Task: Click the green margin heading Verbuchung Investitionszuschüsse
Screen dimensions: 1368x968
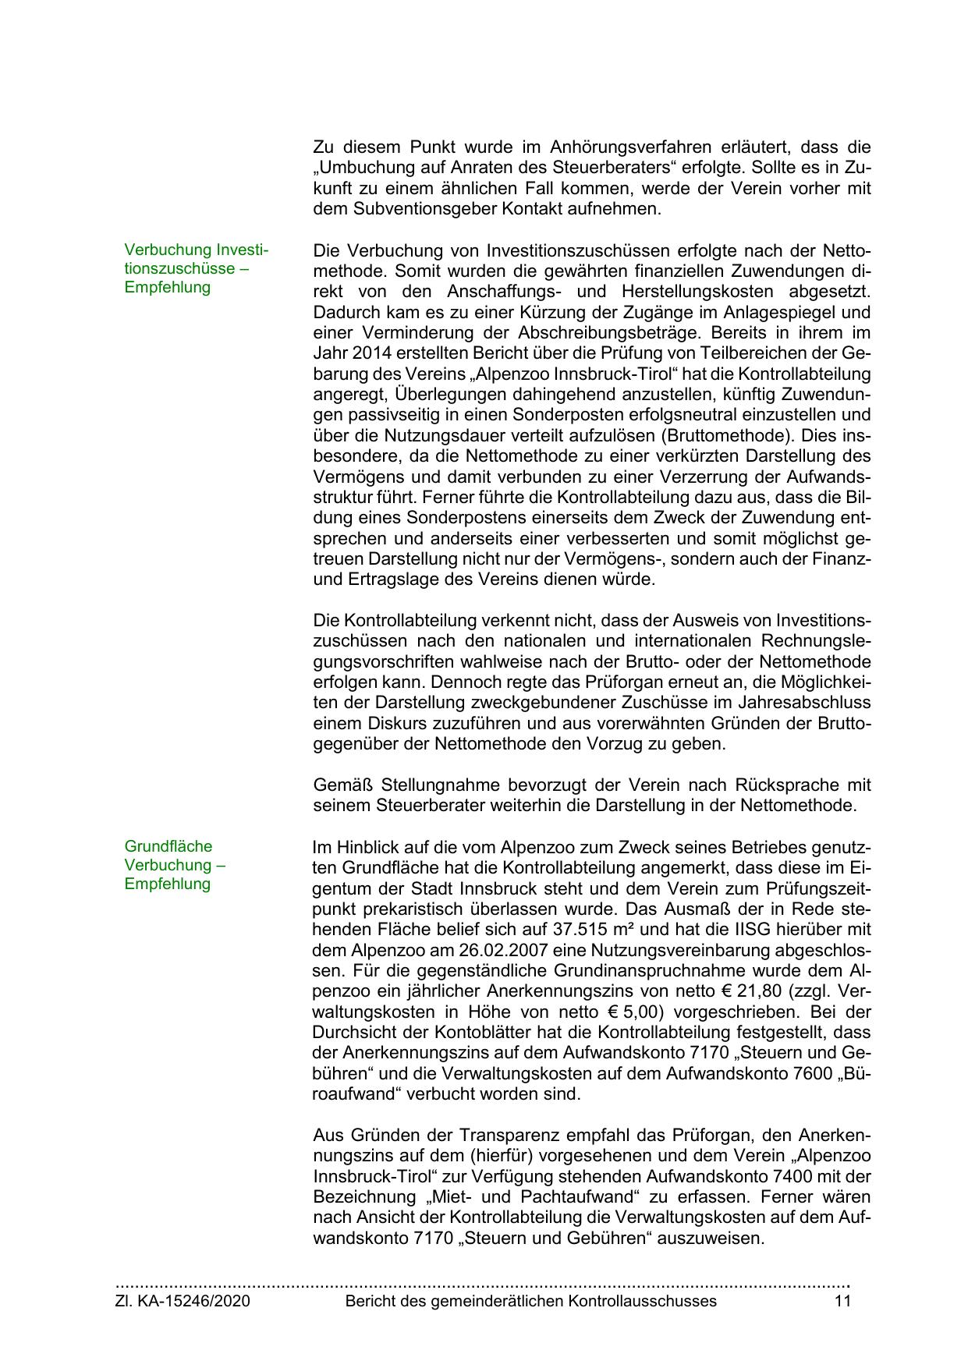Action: click(x=196, y=268)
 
